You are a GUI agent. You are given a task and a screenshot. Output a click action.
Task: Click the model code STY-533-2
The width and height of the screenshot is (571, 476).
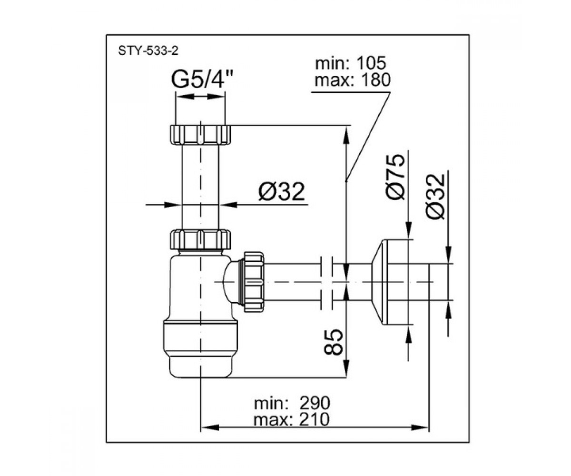[148, 51]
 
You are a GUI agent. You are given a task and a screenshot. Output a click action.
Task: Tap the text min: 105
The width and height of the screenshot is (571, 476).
[350, 63]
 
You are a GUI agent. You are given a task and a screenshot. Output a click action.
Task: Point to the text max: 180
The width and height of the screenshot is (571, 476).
[353, 80]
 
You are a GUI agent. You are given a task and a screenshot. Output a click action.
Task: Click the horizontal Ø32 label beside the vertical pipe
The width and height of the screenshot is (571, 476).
[281, 191]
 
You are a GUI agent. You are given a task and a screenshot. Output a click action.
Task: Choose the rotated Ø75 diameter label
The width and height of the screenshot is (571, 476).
[395, 177]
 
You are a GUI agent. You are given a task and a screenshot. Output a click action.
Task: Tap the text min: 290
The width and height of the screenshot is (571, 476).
[292, 403]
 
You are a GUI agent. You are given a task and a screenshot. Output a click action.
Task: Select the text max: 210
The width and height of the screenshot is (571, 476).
[292, 420]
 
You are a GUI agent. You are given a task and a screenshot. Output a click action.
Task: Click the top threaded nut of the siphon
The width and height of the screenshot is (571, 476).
[200, 135]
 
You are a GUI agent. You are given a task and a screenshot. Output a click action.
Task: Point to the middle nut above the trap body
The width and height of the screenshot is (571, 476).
[200, 239]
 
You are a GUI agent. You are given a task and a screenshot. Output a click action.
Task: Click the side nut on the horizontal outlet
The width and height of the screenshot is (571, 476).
[254, 282]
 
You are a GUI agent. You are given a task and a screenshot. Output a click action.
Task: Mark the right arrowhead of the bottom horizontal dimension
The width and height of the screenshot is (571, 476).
[420, 435]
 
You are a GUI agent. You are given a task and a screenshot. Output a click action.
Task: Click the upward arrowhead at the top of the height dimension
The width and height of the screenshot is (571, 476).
[346, 135]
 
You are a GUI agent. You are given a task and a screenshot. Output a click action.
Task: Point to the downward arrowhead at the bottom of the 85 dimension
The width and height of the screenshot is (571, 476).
[346, 368]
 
